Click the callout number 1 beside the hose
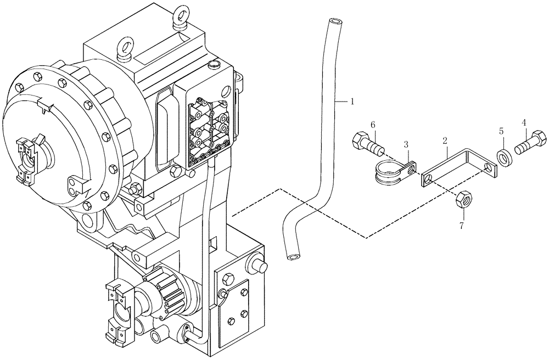click(x=352, y=102)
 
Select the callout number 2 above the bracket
click(x=445, y=142)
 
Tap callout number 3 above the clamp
click(x=406, y=145)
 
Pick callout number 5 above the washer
click(x=501, y=132)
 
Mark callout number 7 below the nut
click(x=462, y=226)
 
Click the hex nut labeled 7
click(x=462, y=200)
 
